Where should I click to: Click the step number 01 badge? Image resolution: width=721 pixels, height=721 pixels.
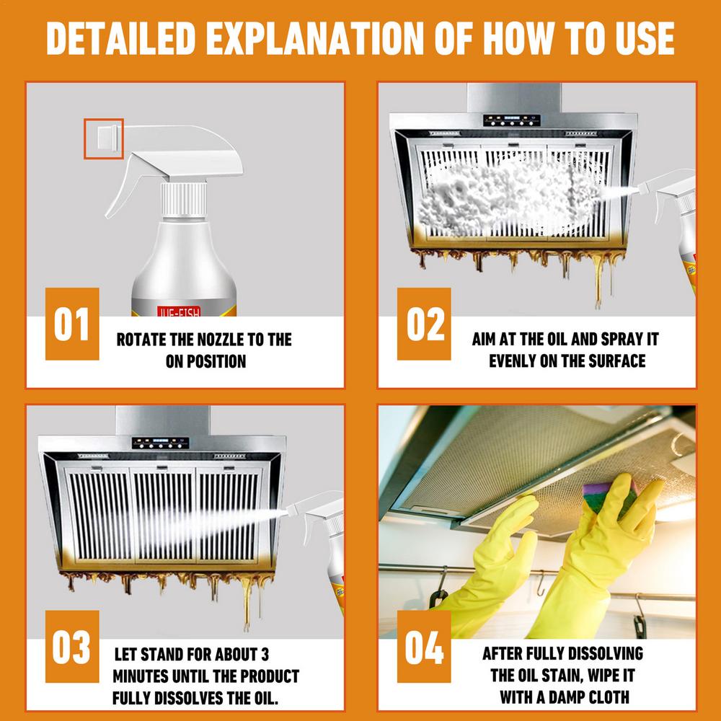coord(72,324)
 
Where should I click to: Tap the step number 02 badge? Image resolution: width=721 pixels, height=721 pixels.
coord(424,324)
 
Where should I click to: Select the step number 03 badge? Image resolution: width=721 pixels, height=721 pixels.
coord(72,647)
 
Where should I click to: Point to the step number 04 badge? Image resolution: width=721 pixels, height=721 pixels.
coord(424,647)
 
